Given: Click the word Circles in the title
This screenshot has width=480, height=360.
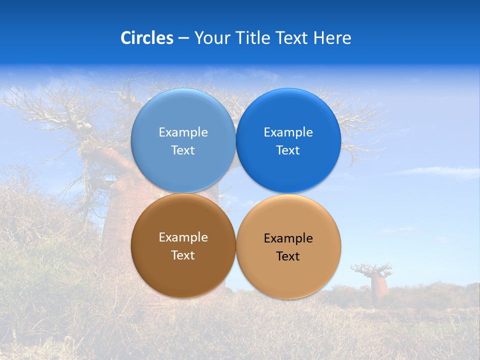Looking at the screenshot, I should pyautogui.click(x=147, y=38).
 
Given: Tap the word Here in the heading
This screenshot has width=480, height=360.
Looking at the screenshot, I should pyautogui.click(x=332, y=38).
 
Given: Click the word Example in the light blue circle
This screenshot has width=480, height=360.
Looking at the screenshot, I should pyautogui.click(x=183, y=132).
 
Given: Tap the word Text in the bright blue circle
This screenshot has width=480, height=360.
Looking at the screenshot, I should pyautogui.click(x=288, y=150).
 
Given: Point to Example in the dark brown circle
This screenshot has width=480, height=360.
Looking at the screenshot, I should pyautogui.click(x=183, y=237).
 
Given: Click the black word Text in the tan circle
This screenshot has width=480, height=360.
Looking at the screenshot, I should pyautogui.click(x=288, y=256).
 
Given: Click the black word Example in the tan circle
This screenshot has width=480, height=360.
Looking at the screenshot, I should pyautogui.click(x=288, y=238).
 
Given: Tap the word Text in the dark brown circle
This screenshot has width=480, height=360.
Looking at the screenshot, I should pyautogui.click(x=183, y=255).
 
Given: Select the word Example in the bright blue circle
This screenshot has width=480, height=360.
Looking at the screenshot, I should pyautogui.click(x=288, y=132).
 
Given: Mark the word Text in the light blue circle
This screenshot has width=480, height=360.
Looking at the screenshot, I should pyautogui.click(x=183, y=150).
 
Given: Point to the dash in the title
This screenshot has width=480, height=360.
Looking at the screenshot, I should pyautogui.click(x=183, y=38).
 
